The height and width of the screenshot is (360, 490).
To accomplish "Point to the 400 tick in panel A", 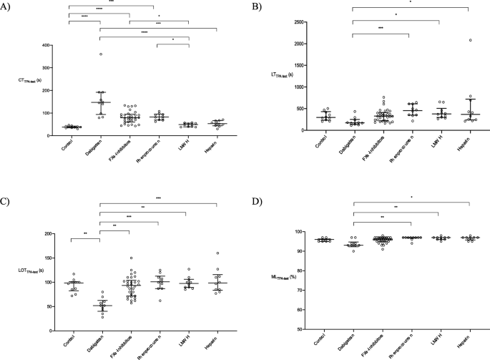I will [x=52, y=45].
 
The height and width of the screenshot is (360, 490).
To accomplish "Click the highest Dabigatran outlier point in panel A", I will [x=101, y=54].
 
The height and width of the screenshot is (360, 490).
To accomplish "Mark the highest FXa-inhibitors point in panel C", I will [x=131, y=258].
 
